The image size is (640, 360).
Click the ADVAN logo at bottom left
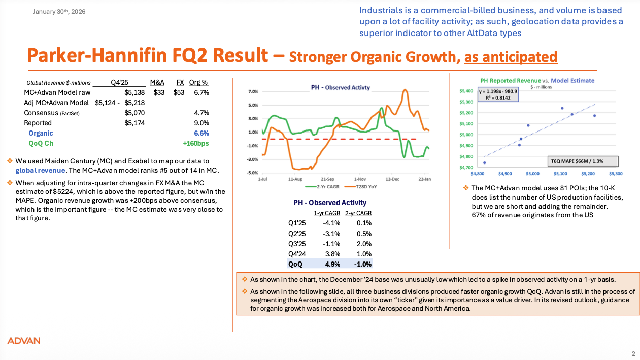click(x=23, y=341)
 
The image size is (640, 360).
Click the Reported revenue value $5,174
click(x=134, y=123)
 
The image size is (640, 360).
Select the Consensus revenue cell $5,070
click(x=134, y=113)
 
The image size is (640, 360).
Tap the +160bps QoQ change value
click(x=196, y=143)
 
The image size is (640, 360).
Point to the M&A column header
click(x=157, y=83)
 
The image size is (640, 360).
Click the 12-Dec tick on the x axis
click(x=392, y=179)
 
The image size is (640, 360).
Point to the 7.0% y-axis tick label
click(x=253, y=92)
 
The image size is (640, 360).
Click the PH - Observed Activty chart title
click(x=340, y=87)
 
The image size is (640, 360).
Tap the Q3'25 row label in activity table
click(x=296, y=243)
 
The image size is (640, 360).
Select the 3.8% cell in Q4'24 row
click(x=331, y=254)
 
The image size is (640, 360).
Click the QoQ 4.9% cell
click(x=331, y=264)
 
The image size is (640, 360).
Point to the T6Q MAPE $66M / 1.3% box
click(x=584, y=161)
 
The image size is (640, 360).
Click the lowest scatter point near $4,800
click(x=485, y=163)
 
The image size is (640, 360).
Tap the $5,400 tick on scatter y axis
click(x=466, y=91)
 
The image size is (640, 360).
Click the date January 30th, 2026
click(x=59, y=11)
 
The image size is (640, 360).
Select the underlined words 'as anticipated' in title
click(x=511, y=56)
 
